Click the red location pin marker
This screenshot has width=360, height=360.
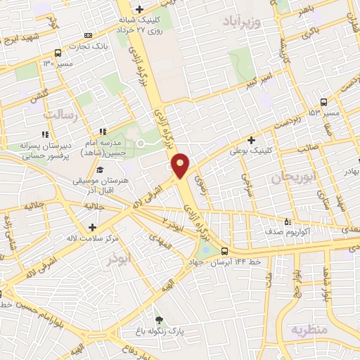181,165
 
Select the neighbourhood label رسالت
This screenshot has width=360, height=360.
59,113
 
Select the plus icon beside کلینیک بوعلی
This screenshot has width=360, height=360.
251,140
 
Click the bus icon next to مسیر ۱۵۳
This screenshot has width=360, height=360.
323,102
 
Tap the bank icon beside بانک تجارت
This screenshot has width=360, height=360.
87,35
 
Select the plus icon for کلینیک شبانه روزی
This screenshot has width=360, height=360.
139,10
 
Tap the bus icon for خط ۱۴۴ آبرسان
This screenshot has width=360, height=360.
224,250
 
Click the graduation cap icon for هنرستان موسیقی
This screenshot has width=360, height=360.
100,170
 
